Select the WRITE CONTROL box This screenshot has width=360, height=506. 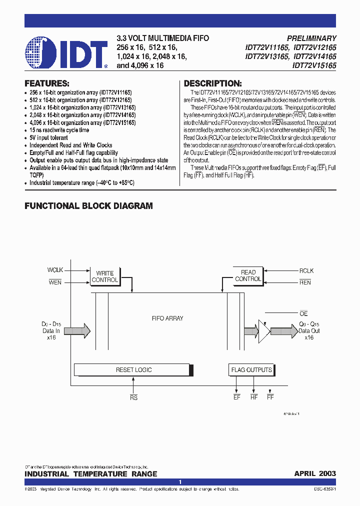coord(105,276)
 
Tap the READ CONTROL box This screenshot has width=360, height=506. coord(248,275)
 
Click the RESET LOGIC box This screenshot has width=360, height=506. coord(133,370)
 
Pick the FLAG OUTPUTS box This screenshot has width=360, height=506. coord(251,370)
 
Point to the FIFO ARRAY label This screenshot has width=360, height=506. coord(167,318)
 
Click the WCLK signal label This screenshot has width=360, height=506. coord(55,270)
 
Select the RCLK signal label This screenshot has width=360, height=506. coord(306,270)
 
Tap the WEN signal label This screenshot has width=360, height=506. coord(55,282)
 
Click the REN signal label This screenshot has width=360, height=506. coord(305,282)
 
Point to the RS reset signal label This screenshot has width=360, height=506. coord(133,397)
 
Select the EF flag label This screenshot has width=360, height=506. coord(236,397)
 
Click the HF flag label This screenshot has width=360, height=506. coord(253,397)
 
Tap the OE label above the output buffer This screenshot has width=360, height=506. coord(303,313)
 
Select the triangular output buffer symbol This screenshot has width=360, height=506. coord(263,330)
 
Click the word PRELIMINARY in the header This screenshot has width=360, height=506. coord(311,38)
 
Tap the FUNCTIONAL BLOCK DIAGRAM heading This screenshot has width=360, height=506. coord(88,206)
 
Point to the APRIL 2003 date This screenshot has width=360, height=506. coord(315,473)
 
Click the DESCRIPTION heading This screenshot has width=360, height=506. coord(212,83)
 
